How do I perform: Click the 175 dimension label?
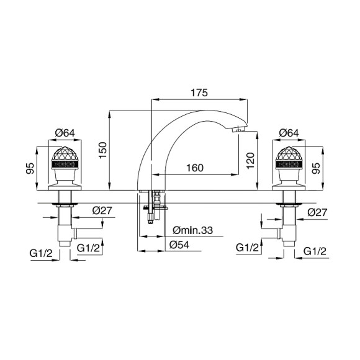pyautogui.click(x=199, y=92)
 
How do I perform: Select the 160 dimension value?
pyautogui.click(x=195, y=168)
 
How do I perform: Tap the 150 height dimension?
pyautogui.click(x=103, y=150)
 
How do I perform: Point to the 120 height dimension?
pyautogui.click(x=251, y=161)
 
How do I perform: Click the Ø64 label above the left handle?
pyautogui.click(x=65, y=133)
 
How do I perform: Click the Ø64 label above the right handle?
pyautogui.click(x=289, y=133)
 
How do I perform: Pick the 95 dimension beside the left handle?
pyautogui.click(x=30, y=168)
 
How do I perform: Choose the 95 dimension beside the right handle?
pyautogui.click(x=316, y=168)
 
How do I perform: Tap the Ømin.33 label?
pyautogui.click(x=193, y=230)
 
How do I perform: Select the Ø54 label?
pyautogui.click(x=179, y=245)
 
